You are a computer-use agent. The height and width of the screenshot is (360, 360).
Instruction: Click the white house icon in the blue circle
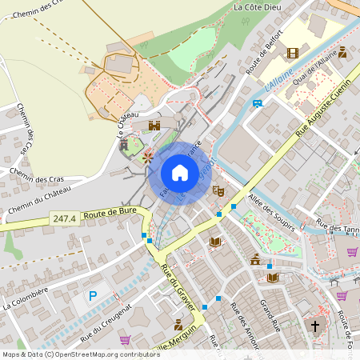point(179,173)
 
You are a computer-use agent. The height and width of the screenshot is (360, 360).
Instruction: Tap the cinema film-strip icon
point(292,53)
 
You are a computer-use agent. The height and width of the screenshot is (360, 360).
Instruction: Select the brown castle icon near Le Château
point(154,126)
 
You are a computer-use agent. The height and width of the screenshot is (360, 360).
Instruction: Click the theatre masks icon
point(216,191)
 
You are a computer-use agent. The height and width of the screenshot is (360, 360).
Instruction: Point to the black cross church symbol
point(314,326)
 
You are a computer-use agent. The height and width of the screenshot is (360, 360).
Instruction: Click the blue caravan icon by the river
point(257,103)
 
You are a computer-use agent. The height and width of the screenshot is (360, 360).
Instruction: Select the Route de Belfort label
point(264,56)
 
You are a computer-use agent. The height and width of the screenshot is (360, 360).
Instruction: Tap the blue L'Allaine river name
point(279,78)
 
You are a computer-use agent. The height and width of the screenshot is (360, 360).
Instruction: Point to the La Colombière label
point(26,298)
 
